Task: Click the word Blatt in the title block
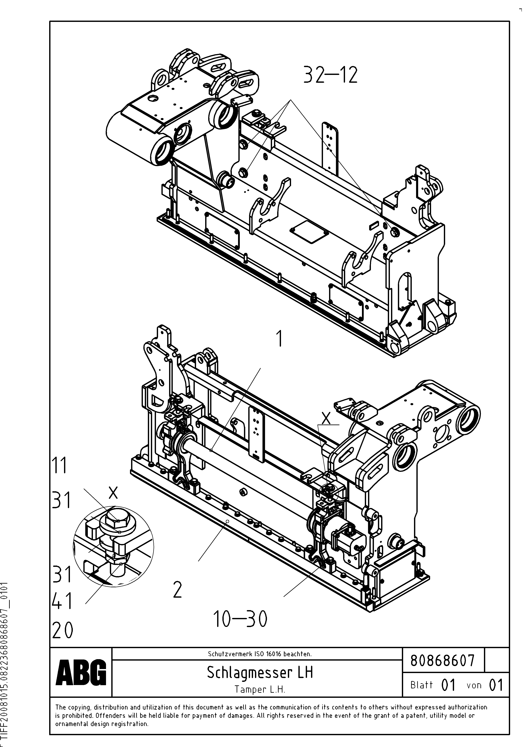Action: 422,685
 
